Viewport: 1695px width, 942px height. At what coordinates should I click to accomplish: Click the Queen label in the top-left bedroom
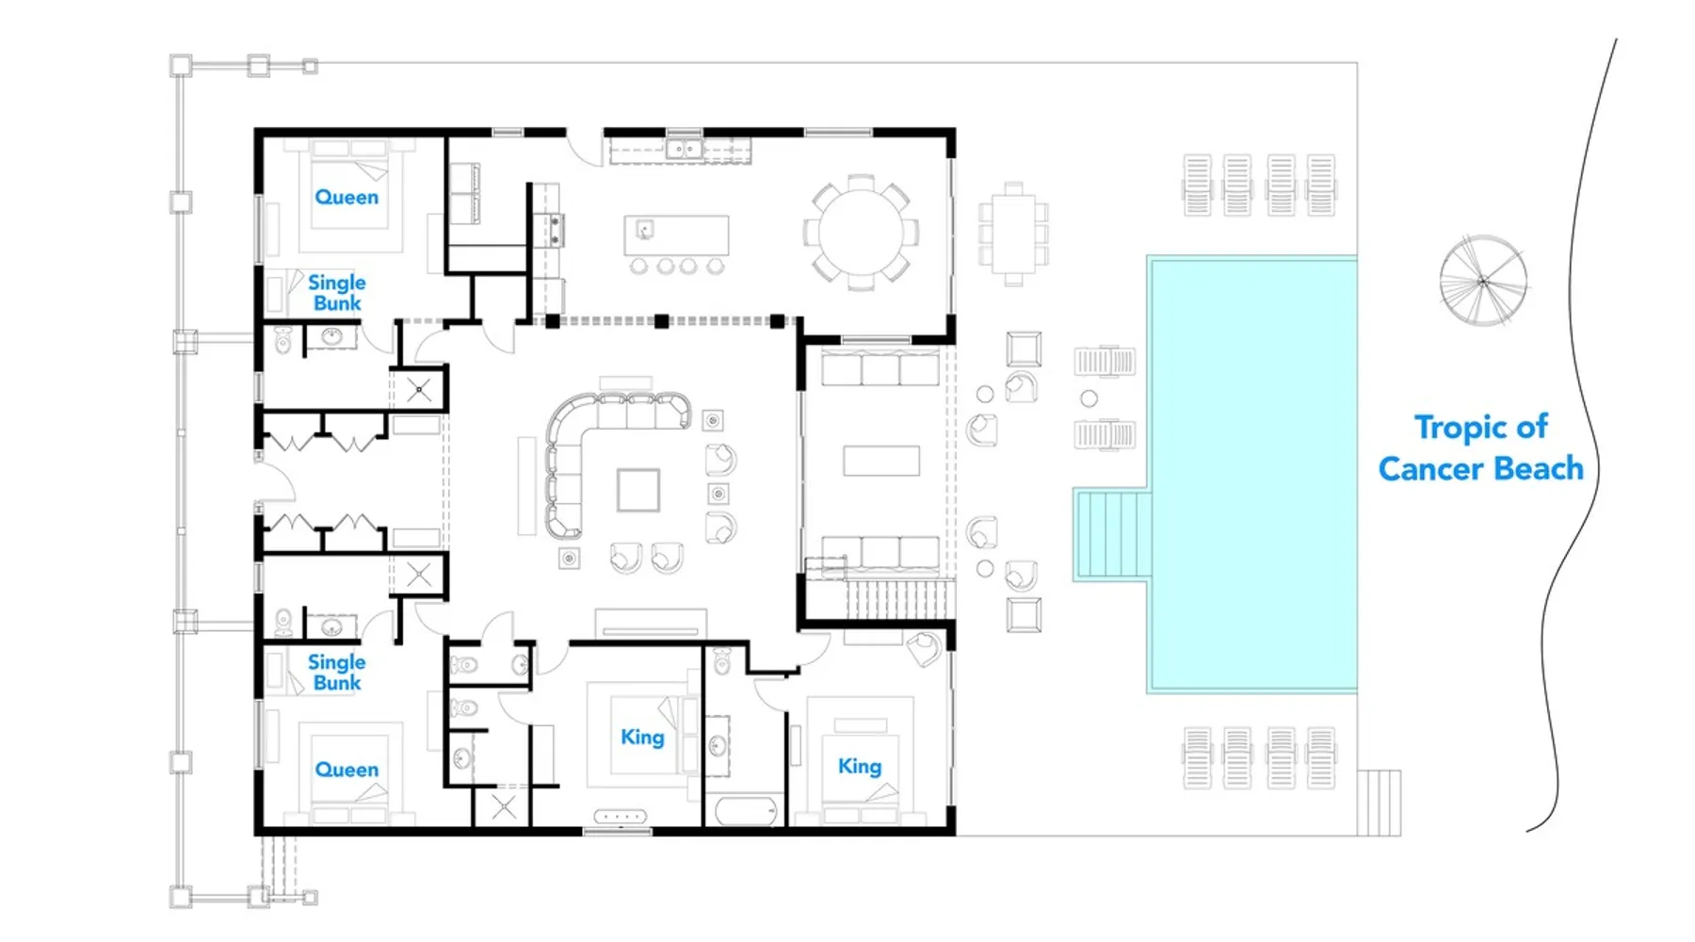tap(347, 197)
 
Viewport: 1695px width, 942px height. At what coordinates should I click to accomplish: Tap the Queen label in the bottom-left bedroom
tap(347, 770)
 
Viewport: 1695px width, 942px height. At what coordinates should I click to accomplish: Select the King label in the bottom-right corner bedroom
tap(860, 767)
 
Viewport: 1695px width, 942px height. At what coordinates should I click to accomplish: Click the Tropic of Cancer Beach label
tap(1481, 447)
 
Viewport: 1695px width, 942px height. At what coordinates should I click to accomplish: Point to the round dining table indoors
tap(862, 232)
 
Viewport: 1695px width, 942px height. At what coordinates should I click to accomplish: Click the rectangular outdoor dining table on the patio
tap(1013, 234)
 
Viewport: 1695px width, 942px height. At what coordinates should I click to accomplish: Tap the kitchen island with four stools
tap(676, 235)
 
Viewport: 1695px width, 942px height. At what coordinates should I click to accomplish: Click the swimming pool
tap(1252, 475)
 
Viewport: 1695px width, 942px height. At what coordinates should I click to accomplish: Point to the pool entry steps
tap(1112, 533)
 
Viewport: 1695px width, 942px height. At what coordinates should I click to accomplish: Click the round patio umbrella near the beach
tap(1483, 281)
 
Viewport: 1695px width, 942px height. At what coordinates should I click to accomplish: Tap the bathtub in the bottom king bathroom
tap(745, 810)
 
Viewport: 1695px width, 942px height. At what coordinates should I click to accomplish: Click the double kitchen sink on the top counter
tap(684, 149)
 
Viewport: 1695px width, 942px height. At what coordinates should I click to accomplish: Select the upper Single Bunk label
tap(336, 293)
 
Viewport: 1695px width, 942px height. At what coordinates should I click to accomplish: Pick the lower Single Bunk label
tap(336, 673)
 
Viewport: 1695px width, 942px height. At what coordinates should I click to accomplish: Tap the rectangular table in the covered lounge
tap(881, 461)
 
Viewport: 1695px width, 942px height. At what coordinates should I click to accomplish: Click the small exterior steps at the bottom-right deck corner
tap(1380, 803)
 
